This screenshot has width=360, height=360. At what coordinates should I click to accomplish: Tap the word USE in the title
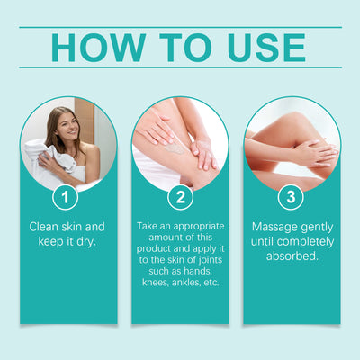point(259,47)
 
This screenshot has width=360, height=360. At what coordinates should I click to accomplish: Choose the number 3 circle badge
point(292,195)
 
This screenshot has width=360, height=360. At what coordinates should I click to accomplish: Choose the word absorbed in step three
point(292,257)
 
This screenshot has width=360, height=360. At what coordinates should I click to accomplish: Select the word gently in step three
point(318,226)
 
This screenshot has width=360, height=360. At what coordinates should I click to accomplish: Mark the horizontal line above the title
point(180,27)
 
